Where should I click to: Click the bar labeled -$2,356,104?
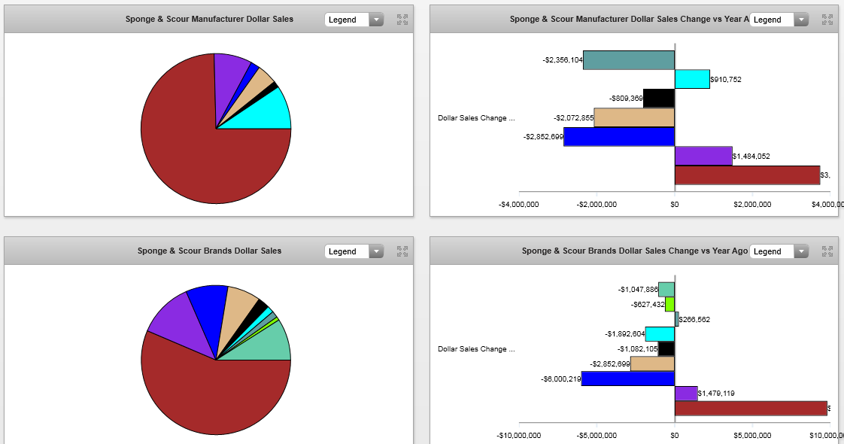pyautogui.click(x=629, y=60)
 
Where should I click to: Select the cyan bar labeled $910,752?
pyautogui.click(x=692, y=79)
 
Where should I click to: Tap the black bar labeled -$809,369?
pyautogui.click(x=659, y=98)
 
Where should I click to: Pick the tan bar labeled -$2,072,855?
pyautogui.click(x=634, y=117)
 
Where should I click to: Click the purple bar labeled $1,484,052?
pyautogui.click(x=703, y=156)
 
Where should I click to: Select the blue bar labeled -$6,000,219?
pyautogui.click(x=628, y=379)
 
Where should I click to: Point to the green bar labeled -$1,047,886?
pyautogui.click(x=666, y=289)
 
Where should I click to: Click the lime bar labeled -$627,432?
pyautogui.click(x=669, y=304)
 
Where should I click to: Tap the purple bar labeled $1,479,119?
pyautogui.click(x=686, y=393)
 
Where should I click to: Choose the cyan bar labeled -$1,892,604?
pyautogui.click(x=660, y=333)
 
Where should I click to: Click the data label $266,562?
pyautogui.click(x=694, y=319)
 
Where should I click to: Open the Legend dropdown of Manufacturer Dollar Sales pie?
pyautogui.click(x=354, y=20)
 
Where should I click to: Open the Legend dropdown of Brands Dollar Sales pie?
pyautogui.click(x=354, y=251)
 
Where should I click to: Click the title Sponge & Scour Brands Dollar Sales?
pyautogui.click(x=209, y=251)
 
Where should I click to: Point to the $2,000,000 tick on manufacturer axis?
pyautogui.click(x=752, y=204)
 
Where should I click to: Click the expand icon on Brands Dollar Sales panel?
pyautogui.click(x=402, y=251)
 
